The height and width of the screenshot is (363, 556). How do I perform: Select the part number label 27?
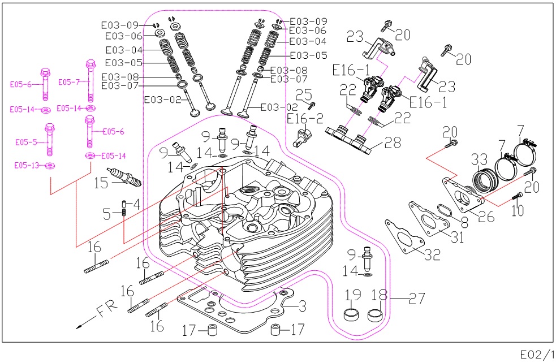[417, 298]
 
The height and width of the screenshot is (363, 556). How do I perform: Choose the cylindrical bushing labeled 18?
[375, 315]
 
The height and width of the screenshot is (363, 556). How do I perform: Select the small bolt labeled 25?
[312, 105]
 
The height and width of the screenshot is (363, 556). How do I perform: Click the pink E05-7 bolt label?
[69, 82]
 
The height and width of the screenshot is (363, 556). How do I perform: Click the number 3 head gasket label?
[302, 306]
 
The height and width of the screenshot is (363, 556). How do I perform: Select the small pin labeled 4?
[124, 204]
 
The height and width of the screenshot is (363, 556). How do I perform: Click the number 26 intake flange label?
[486, 216]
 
